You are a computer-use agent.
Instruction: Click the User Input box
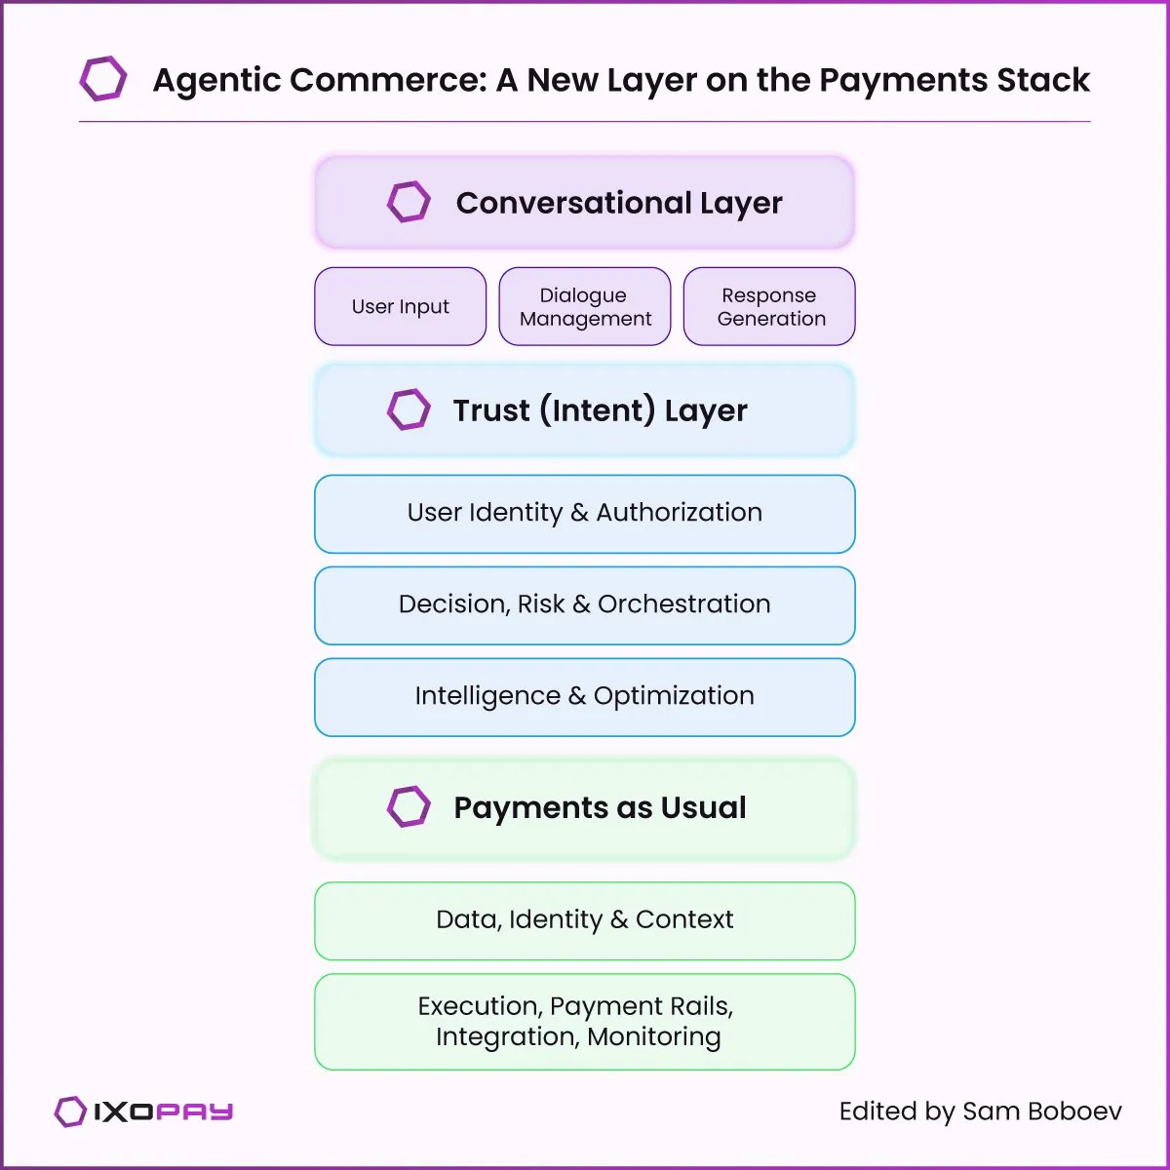[400, 306]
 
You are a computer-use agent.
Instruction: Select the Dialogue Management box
[585, 306]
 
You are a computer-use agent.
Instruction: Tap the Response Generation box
[769, 306]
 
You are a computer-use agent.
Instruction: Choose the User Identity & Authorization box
[585, 513]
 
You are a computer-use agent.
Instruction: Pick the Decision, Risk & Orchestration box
[585, 604]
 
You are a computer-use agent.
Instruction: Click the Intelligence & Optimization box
[585, 696]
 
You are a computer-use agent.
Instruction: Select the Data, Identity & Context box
[585, 920]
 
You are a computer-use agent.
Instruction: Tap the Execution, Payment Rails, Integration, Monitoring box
[585, 1021]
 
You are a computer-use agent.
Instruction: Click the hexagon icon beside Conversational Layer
[409, 202]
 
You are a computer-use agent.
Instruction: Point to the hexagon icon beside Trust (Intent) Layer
[409, 409]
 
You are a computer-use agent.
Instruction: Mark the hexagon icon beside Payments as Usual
[409, 806]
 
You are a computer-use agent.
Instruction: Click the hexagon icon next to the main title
[102, 79]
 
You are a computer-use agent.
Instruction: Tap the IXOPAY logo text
[164, 1111]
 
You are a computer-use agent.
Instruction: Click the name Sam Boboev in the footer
[1041, 1111]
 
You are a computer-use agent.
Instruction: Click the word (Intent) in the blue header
[598, 410]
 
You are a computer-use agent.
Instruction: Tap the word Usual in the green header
[703, 807]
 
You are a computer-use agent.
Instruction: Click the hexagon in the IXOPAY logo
[70, 1111]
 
